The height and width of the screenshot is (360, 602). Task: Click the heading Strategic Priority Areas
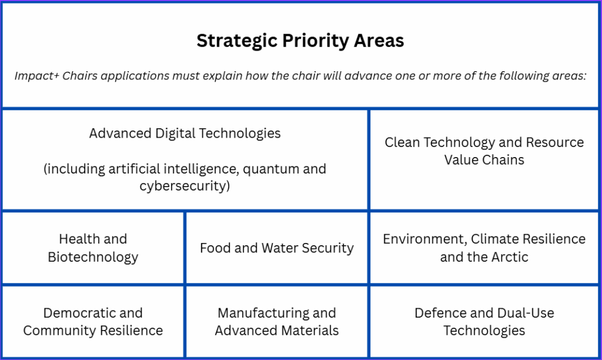coord(300,41)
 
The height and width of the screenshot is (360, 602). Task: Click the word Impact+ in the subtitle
coord(37,76)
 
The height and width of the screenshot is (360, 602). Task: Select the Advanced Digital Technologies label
coord(185,134)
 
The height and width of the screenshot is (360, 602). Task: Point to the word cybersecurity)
coord(185,186)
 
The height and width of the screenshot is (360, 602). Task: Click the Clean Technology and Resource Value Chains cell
coord(484,159)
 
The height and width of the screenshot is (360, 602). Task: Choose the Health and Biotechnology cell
coord(93,248)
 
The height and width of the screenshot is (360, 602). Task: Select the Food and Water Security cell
coord(277,248)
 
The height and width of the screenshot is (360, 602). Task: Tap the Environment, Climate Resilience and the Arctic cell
coord(484,248)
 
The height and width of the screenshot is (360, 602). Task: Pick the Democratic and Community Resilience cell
coord(93,322)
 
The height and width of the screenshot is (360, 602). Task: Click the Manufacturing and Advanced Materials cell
coord(277,322)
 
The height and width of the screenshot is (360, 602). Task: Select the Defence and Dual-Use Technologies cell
coord(484,322)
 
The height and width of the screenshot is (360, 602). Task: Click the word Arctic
coord(510,257)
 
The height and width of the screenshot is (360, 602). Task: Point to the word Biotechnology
coord(93,257)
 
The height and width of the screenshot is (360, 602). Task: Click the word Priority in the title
coord(315,41)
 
